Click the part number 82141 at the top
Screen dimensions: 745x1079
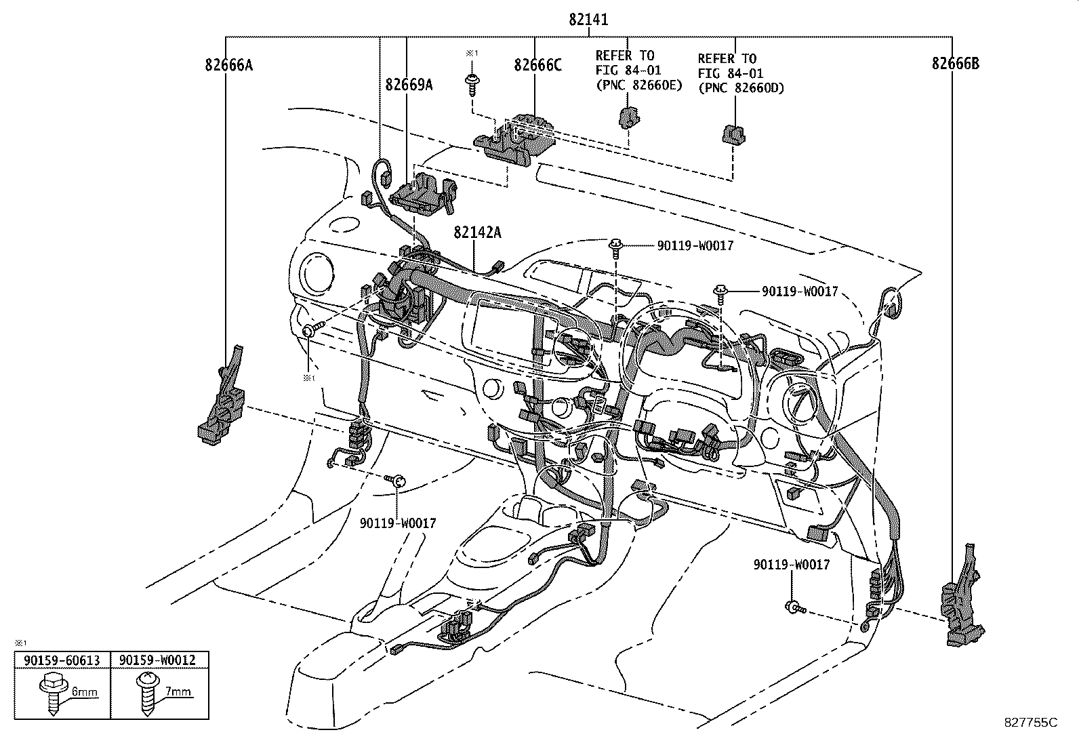click(x=588, y=20)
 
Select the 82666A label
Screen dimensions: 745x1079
click(x=228, y=65)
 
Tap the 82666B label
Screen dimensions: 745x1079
click(x=955, y=64)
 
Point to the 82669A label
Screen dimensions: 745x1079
click(x=409, y=85)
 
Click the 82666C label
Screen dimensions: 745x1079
click(x=537, y=65)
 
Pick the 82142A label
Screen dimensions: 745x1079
click(x=477, y=233)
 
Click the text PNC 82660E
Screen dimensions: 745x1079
click(x=638, y=85)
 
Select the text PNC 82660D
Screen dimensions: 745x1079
click(x=740, y=87)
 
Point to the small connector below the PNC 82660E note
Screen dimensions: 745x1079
click(x=629, y=118)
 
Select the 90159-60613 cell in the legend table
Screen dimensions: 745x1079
click(x=62, y=660)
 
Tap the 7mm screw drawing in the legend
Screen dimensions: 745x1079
click(x=146, y=691)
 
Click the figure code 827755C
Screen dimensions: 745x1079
click(x=1030, y=723)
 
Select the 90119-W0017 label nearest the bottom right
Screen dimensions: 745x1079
click(x=791, y=564)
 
